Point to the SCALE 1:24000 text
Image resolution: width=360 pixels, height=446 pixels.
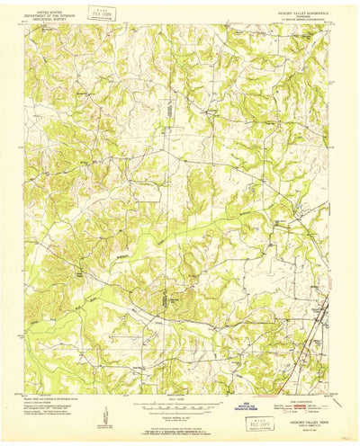pos(178,375)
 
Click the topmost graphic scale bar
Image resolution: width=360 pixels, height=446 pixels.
pos(178,380)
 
